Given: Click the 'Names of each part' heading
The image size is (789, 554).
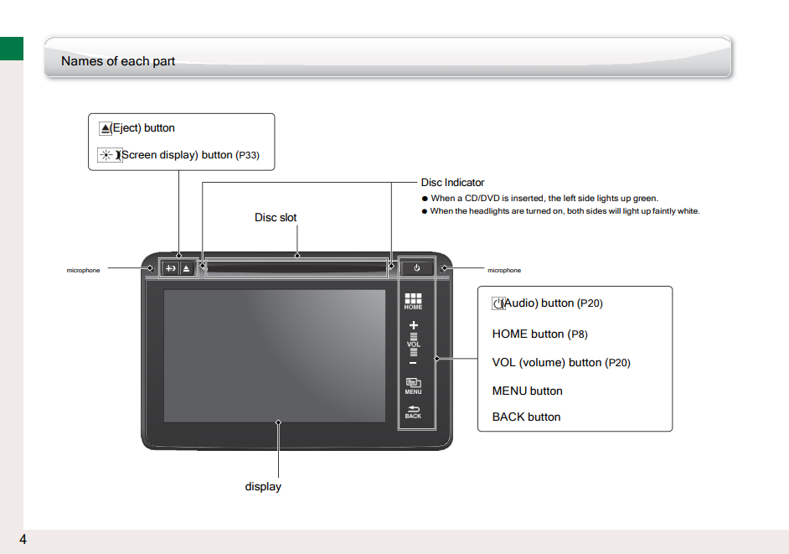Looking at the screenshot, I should pyautogui.click(x=118, y=61).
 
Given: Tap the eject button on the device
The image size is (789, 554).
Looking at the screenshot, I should pyautogui.click(x=187, y=268).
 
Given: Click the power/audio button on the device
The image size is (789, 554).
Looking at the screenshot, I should pyautogui.click(x=416, y=268).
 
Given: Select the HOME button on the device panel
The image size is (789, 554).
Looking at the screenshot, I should pyautogui.click(x=413, y=301).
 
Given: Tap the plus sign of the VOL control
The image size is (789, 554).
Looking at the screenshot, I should pyautogui.click(x=413, y=324).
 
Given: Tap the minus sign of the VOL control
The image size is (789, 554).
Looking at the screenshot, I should pyautogui.click(x=413, y=363).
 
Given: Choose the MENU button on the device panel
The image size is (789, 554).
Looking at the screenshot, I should pyautogui.click(x=413, y=386).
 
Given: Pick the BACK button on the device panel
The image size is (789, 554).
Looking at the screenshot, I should pyautogui.click(x=413, y=411).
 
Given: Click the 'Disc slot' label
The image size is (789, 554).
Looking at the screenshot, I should pyautogui.click(x=276, y=217).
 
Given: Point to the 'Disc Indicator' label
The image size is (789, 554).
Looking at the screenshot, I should pyautogui.click(x=452, y=183).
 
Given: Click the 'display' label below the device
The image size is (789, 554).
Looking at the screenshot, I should pyautogui.click(x=263, y=486).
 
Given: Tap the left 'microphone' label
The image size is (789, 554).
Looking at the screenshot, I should pyautogui.click(x=83, y=271).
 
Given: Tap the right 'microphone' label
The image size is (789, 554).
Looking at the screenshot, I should pyautogui.click(x=504, y=271).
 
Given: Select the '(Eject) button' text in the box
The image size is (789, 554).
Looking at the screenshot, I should pyautogui.click(x=142, y=128).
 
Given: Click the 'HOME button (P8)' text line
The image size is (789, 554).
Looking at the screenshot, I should pyautogui.click(x=539, y=334).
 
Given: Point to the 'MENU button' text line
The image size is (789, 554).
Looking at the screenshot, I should pyautogui.click(x=527, y=391).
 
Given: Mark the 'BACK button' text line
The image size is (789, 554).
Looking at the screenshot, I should pyautogui.click(x=526, y=417).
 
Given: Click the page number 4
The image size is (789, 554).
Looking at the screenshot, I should pyautogui.click(x=23, y=539).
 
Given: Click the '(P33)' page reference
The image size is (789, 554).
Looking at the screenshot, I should pyautogui.click(x=247, y=155).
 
